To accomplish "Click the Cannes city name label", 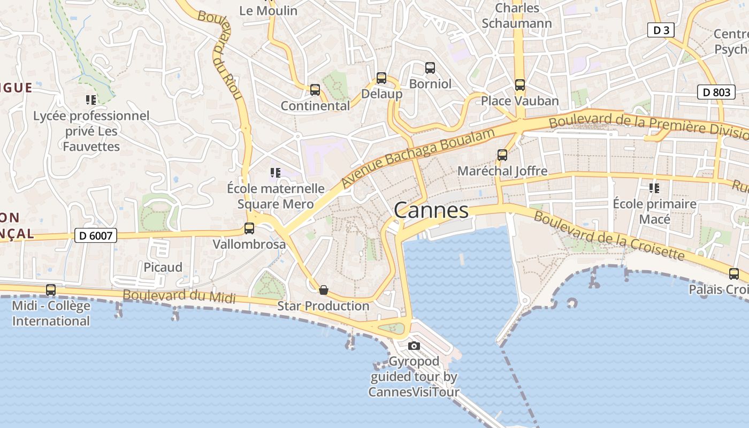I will pyautogui.click(x=431, y=210).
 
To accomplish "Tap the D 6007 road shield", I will pyautogui.click(x=95, y=235).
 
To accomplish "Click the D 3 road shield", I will pyautogui.click(x=661, y=30).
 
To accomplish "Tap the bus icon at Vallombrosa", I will pyautogui.click(x=249, y=228).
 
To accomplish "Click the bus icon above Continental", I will pyautogui.click(x=315, y=90).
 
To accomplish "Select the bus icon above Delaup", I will pyautogui.click(x=381, y=78).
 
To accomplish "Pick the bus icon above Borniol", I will pyautogui.click(x=430, y=68).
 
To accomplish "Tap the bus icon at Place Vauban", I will pyautogui.click(x=519, y=85).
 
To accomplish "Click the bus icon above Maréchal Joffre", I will pyautogui.click(x=502, y=155).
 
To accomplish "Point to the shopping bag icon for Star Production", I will pyautogui.click(x=323, y=290).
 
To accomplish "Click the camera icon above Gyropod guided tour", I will pyautogui.click(x=414, y=346).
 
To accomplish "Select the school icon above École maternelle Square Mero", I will pyautogui.click(x=276, y=172).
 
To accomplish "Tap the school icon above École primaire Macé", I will pyautogui.click(x=654, y=188).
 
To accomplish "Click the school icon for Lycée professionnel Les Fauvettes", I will pyautogui.click(x=91, y=100).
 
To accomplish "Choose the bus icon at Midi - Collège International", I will pyautogui.click(x=51, y=290).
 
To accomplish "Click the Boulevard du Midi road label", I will pyautogui.click(x=179, y=296).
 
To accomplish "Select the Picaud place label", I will pyautogui.click(x=163, y=267).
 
